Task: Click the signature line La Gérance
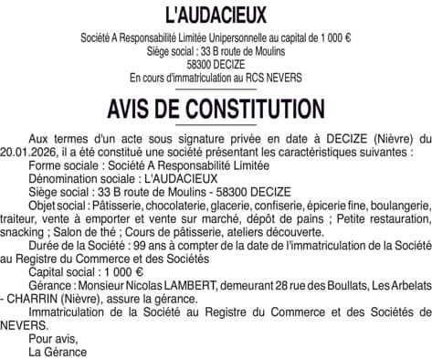pos(58,353)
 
